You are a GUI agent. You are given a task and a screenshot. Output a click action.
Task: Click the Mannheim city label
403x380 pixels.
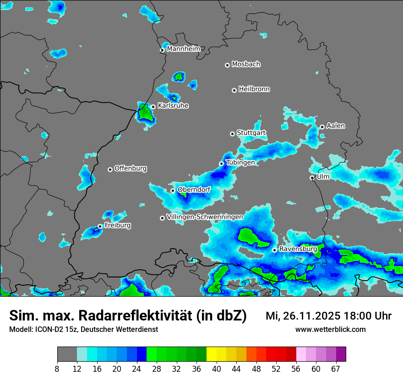pos(183,49)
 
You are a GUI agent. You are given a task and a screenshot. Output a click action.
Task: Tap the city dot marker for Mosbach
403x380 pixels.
pos(227,65)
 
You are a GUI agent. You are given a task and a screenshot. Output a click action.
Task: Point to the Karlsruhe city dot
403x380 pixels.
pos(153,107)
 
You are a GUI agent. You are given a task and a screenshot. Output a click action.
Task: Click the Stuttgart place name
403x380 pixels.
pos(251,133)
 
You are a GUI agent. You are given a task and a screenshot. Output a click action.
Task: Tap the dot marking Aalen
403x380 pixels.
pos(322,127)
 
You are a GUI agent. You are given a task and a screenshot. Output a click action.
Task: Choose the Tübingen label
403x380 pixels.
pos(240,163)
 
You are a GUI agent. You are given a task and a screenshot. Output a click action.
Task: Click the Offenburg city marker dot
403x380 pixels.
pos(110,169)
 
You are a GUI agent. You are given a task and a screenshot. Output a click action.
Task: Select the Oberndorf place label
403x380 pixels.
pos(194,189)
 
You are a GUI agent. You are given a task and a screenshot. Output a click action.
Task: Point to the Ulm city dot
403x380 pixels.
pos(312,178)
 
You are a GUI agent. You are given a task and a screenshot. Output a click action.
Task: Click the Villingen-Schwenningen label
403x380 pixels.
pos(205,217)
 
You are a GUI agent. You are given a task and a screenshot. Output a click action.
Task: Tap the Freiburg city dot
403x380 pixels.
pos(100,226)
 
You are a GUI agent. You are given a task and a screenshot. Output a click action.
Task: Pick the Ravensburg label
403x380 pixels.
pos(298,249)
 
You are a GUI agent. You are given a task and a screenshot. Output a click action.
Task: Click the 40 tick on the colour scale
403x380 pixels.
pos(216,369)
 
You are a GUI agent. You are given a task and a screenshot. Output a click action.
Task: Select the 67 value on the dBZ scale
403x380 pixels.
pos(336,369)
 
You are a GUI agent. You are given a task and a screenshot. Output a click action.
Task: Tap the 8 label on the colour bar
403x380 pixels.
pos(57,369)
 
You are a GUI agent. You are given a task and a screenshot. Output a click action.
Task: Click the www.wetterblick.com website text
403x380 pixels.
pos(330,329)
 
